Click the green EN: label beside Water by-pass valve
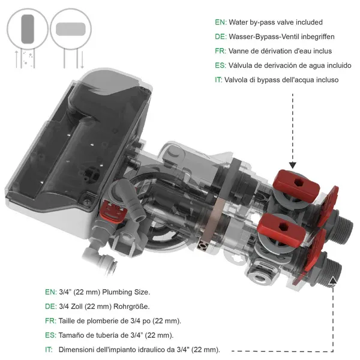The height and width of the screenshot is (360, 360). (x=220, y=22)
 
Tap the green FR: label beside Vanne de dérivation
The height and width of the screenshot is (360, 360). (x=220, y=51)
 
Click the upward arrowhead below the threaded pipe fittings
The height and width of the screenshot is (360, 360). (x=332, y=280)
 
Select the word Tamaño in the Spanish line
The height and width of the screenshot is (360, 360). (x=72, y=335)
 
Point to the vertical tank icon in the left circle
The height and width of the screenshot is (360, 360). (x=28, y=28)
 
